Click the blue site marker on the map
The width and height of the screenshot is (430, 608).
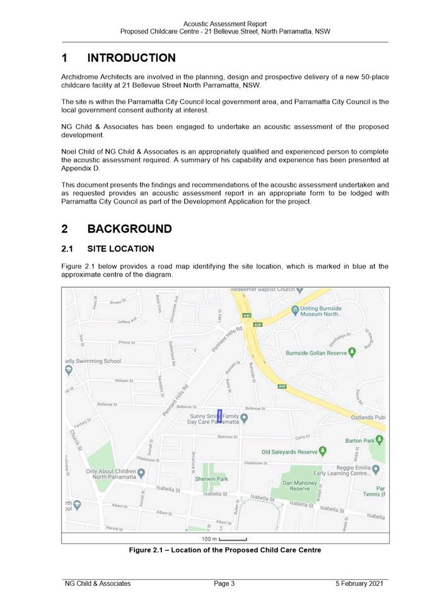pyautogui.click(x=219, y=416)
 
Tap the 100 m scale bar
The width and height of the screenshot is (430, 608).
pyautogui.click(x=233, y=539)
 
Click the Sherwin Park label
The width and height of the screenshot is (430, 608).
pyautogui.click(x=211, y=479)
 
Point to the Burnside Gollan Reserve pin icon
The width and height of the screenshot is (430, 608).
pyautogui.click(x=352, y=352)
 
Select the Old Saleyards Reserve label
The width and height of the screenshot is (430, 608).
pyautogui.click(x=289, y=452)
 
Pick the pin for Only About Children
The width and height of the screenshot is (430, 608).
pyautogui.click(x=141, y=473)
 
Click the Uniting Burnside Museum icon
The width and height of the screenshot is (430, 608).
pyautogui.click(x=294, y=310)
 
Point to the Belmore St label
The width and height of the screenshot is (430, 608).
pyautogui.click(x=227, y=437)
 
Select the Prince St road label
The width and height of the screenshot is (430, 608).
pyautogui.click(x=127, y=343)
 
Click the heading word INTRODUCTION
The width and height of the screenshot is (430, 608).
pyautogui.click(x=131, y=59)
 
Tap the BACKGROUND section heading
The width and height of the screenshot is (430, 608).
pyautogui.click(x=129, y=229)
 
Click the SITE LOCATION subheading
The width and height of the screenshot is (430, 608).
pyautogui.click(x=120, y=249)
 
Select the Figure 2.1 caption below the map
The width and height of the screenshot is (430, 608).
pyautogui.click(x=225, y=550)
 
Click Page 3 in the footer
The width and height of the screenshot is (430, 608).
pyautogui.click(x=224, y=583)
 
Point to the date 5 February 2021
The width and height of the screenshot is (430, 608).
pyautogui.click(x=359, y=583)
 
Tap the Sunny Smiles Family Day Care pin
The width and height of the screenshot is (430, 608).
pyautogui.click(x=244, y=417)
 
